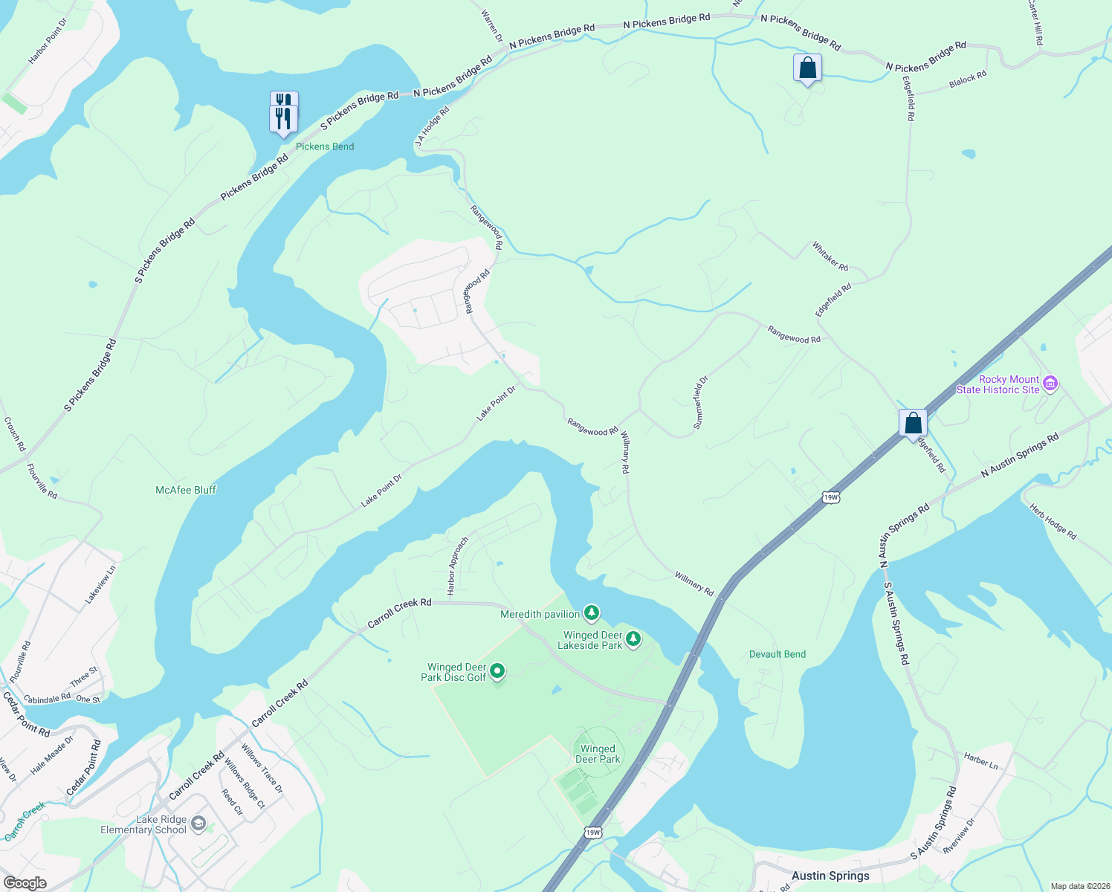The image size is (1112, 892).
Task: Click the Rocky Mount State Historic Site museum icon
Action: point(1050,384)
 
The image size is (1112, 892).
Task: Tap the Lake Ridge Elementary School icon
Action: point(198,823)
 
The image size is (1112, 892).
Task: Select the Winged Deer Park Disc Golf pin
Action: point(497,671)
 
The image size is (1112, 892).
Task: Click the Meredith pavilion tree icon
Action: point(591,613)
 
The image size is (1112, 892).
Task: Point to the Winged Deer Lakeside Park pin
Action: point(633,639)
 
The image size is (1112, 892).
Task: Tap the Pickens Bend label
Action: point(325,146)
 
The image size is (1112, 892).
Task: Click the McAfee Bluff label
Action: point(186,490)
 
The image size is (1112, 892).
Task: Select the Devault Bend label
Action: point(778,654)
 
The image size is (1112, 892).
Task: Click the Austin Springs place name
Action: point(830,876)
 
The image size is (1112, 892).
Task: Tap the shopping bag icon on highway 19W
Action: point(913,424)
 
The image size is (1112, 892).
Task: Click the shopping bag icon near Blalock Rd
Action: point(807,68)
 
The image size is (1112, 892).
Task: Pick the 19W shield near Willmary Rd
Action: point(831,497)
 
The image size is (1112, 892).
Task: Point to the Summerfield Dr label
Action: point(701,402)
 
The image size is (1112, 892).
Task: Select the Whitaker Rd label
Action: point(830,256)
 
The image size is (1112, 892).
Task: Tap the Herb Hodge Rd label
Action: point(1053,521)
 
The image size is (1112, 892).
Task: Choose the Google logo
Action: point(25,883)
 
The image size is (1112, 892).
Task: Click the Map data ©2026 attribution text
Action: point(1079,886)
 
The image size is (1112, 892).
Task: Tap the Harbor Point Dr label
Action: point(48,41)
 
